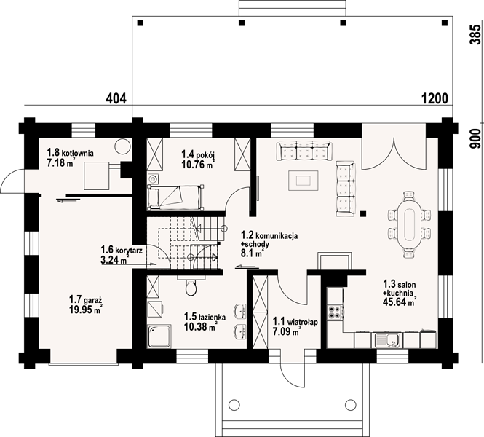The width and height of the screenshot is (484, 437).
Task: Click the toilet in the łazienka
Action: (191, 287)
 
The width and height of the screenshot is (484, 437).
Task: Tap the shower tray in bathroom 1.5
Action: (159, 336)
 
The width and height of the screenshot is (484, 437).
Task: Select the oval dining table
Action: (409, 224)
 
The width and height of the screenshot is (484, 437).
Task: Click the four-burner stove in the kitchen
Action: (334, 312)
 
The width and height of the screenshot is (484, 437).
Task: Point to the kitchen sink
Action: (388, 339)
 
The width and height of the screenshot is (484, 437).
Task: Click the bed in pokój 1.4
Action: (175, 197)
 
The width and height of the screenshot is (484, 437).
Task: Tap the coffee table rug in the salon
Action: (304, 181)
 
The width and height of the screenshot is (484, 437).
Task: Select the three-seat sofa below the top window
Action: (304, 151)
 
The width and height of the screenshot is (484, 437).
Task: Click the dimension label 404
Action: (116, 99)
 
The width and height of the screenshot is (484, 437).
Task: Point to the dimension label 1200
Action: (435, 99)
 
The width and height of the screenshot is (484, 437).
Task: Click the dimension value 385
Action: (476, 34)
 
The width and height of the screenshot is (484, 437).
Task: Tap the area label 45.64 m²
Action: (400, 302)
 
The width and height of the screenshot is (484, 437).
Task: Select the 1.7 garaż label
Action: (85, 299)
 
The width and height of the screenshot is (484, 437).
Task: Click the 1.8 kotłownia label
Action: (70, 152)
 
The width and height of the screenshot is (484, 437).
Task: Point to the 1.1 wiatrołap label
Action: (295, 322)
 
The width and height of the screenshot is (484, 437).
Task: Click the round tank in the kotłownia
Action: (122, 146)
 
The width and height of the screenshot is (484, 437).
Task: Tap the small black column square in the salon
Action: (363, 213)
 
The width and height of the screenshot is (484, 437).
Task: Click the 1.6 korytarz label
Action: (122, 250)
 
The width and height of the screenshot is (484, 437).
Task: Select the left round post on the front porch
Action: (234, 403)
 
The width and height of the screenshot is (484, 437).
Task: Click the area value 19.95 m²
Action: (86, 309)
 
